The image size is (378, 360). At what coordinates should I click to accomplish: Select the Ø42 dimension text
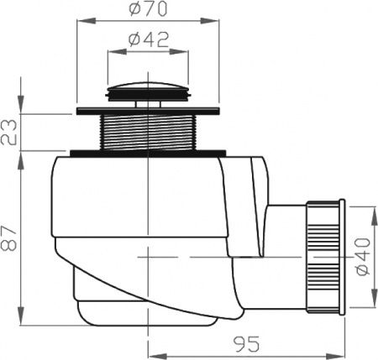(x=150, y=39)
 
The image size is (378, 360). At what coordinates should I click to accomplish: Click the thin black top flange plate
(x=149, y=111)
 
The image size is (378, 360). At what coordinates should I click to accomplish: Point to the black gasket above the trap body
(x=149, y=153)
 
